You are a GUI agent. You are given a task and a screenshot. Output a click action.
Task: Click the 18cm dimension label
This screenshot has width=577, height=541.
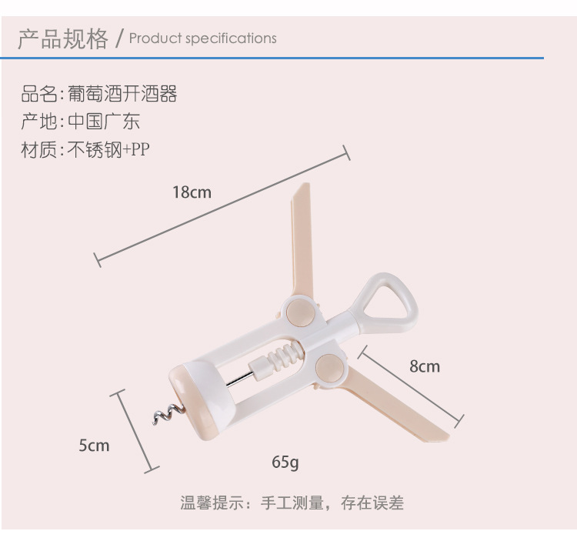tap(192, 192)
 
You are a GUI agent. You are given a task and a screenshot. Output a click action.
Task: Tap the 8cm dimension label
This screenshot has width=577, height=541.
tap(424, 366)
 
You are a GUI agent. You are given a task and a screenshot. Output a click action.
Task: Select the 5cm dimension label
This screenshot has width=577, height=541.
tap(94, 445)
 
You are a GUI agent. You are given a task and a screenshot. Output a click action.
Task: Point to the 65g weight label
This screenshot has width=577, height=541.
tap(285, 462)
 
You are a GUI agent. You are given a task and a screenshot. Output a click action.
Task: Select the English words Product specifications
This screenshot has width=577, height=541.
tap(202, 38)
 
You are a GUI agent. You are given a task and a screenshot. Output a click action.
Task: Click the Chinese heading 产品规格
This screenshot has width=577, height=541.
tap(63, 38)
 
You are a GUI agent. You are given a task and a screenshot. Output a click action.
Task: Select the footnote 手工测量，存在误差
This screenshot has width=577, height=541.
tap(332, 503)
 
